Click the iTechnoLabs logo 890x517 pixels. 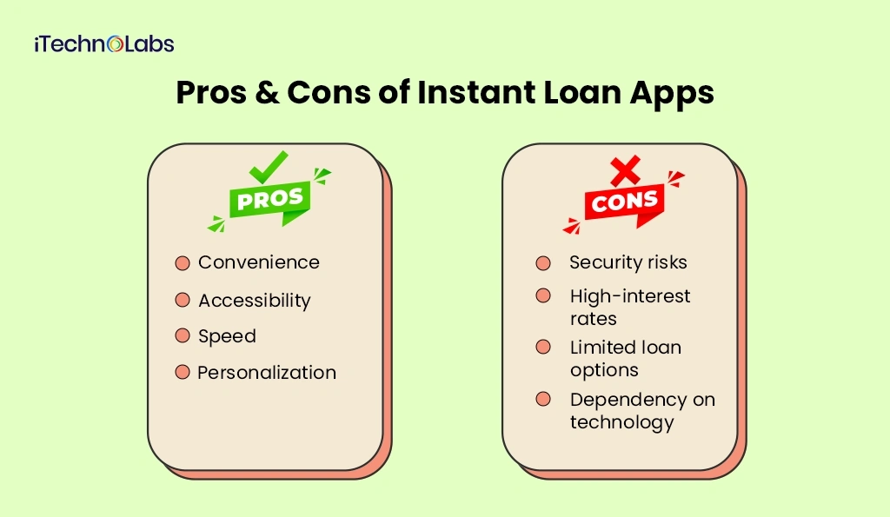(x=104, y=43)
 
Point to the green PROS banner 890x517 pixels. (x=270, y=199)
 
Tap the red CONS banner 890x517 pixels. (x=625, y=203)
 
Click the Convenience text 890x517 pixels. (x=258, y=262)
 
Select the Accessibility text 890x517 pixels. (x=254, y=301)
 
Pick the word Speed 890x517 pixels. (x=227, y=336)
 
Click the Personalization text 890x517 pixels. (x=266, y=373)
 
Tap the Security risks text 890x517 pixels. (x=628, y=262)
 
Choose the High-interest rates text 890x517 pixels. (x=629, y=307)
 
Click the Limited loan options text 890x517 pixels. (x=625, y=358)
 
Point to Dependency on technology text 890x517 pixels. (x=641, y=410)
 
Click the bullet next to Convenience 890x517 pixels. (x=182, y=262)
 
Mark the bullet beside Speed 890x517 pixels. (x=182, y=335)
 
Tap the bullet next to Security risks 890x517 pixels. (x=543, y=262)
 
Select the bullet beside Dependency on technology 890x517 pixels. (x=543, y=400)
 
